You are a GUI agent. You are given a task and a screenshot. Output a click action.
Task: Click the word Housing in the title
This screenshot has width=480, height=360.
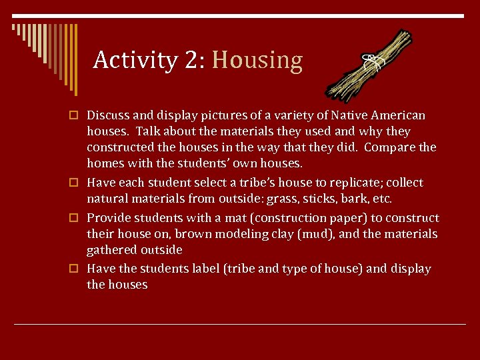257,61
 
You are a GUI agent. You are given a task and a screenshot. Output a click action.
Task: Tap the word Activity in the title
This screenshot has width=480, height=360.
135,61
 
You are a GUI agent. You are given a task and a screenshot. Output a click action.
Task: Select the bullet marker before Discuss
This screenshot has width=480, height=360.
77,116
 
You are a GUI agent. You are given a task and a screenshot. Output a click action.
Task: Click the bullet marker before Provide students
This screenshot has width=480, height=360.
77,219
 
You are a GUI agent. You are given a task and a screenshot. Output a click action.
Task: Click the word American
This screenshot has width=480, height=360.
397,115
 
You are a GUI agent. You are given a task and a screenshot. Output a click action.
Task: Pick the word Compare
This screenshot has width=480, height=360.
392,147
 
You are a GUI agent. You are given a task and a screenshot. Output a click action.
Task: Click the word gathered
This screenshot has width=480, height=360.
111,250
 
